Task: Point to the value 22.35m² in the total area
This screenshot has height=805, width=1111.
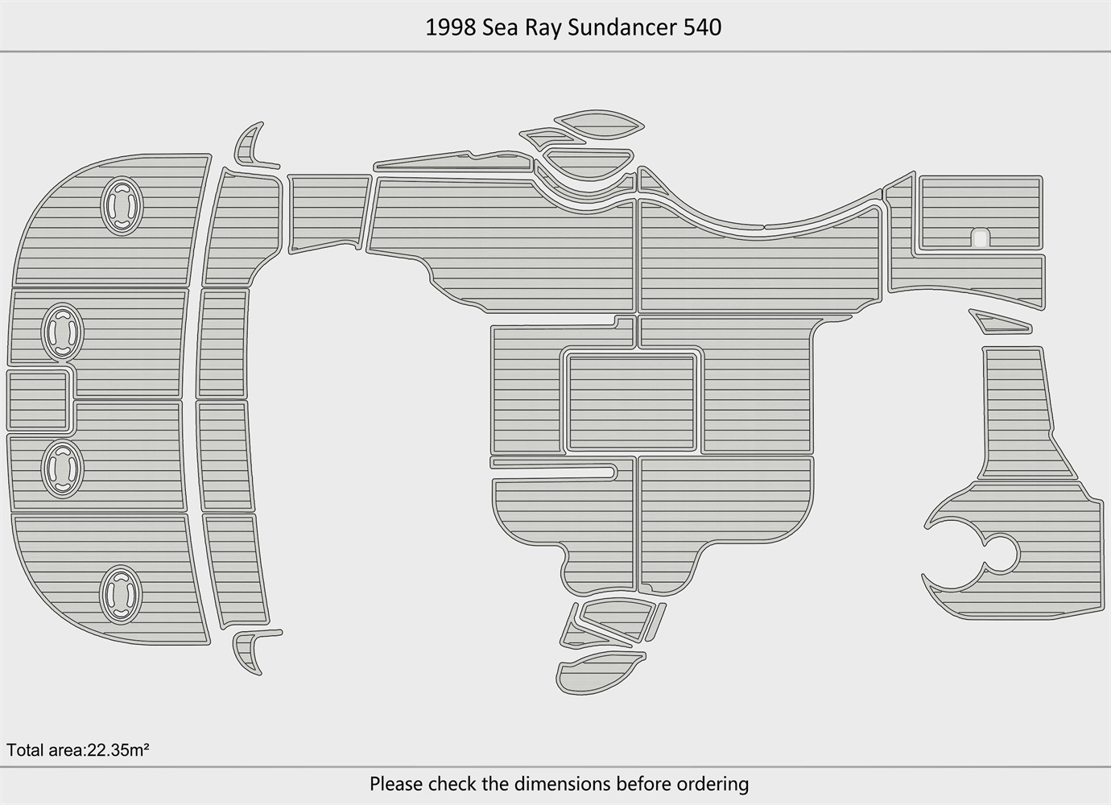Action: tap(118, 750)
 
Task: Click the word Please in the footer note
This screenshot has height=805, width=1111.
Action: tap(396, 783)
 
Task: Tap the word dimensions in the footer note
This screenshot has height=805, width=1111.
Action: tap(563, 783)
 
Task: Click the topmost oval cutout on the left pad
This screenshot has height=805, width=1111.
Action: tap(122, 205)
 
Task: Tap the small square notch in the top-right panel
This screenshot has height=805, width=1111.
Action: tap(980, 237)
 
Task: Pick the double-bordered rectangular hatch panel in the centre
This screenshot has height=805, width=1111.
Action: tap(632, 402)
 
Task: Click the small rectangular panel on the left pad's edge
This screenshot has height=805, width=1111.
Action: tap(38, 400)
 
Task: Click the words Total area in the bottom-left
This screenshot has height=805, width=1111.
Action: tap(44, 750)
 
